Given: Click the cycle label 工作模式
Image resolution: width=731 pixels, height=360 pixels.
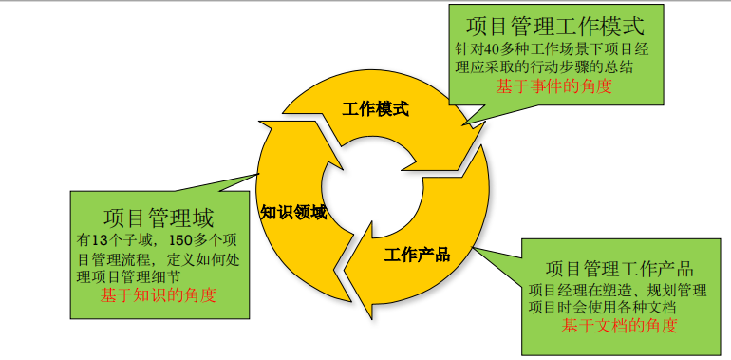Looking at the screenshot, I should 375,109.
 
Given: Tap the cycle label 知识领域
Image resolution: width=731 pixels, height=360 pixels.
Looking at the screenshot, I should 293,212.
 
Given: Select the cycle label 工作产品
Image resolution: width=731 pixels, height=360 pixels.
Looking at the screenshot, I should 417,256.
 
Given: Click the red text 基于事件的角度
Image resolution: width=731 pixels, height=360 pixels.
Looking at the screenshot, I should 554,86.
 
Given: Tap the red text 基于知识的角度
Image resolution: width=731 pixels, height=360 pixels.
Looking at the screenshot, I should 158,294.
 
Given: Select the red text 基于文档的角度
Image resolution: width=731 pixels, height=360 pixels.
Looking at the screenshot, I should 618,326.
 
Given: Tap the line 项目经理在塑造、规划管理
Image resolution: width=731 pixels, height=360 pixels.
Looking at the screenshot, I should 617,289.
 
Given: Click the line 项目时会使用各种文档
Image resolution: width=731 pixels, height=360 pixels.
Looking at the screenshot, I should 602,307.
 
